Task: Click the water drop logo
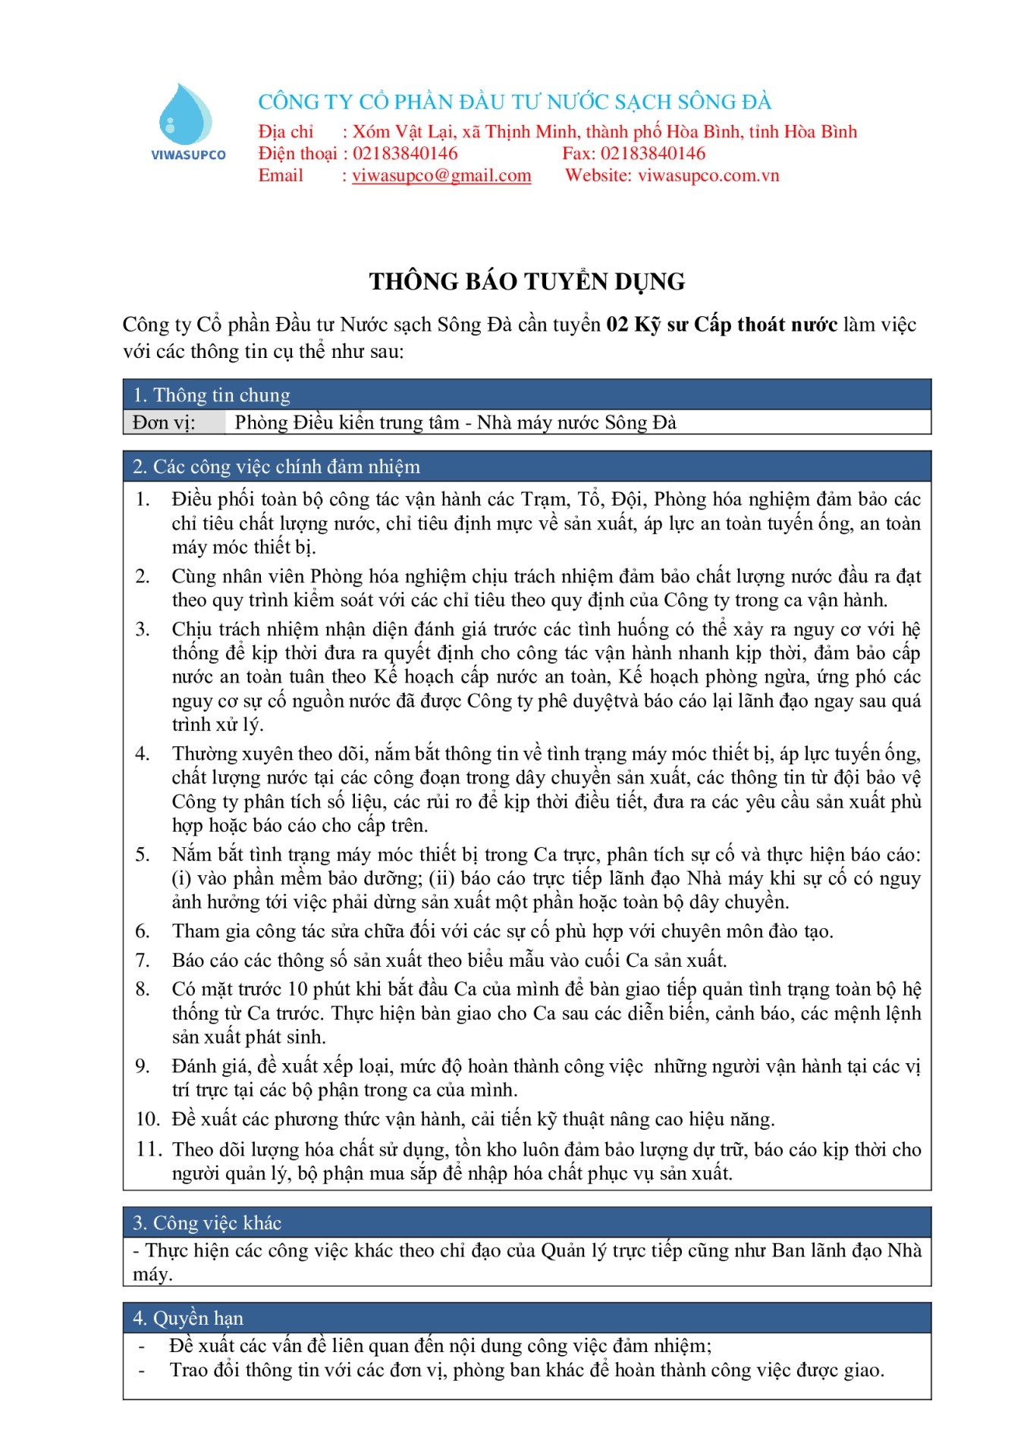click(184, 115)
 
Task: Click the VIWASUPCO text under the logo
click(188, 155)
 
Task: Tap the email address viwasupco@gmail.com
click(441, 176)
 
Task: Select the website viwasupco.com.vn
click(708, 176)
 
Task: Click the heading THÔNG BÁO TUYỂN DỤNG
click(527, 281)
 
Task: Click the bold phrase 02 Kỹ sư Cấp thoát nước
click(721, 325)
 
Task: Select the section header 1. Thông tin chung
click(212, 395)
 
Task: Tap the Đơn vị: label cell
click(165, 422)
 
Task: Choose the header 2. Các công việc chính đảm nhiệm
click(276, 466)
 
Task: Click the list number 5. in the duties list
click(143, 855)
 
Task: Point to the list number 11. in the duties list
click(149, 1150)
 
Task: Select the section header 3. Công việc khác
click(207, 1223)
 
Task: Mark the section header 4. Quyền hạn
click(188, 1318)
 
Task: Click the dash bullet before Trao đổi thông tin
click(141, 1370)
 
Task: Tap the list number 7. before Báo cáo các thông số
click(143, 960)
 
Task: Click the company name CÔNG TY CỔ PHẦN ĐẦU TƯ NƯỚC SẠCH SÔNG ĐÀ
click(514, 102)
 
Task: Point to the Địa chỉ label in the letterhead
click(285, 132)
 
